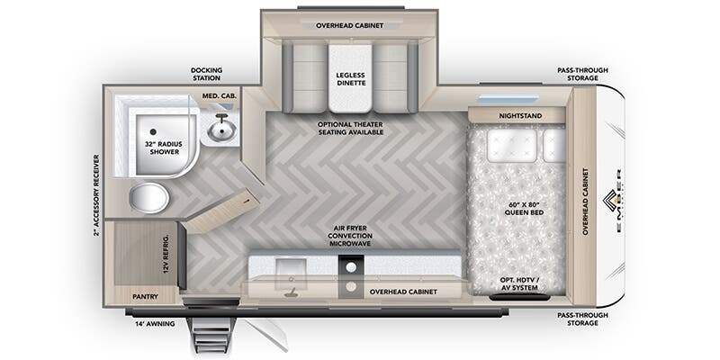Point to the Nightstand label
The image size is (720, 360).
pos(516,116)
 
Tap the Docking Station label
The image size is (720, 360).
pos(206,74)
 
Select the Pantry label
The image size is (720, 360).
pos(145,295)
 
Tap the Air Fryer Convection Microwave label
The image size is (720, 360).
pos(350,237)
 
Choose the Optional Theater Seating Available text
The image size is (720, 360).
pos(350,127)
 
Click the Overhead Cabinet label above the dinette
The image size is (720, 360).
pos(350,26)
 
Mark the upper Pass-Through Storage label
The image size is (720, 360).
pos(577,74)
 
